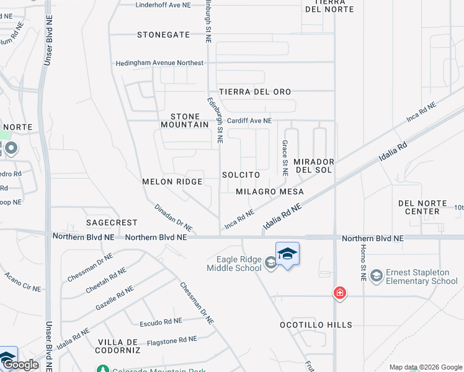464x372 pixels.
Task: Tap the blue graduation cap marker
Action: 287,254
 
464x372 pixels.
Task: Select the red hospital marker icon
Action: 339,293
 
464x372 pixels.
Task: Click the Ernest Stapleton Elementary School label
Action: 421,277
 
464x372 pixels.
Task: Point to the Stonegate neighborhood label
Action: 163,35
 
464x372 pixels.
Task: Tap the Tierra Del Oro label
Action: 254,92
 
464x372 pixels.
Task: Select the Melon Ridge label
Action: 172,182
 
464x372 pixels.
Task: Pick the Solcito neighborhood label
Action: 241,175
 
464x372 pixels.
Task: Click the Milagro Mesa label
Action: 270,192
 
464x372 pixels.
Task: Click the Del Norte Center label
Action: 419,207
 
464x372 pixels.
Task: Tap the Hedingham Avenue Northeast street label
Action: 159,63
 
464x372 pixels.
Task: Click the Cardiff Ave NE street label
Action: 249,121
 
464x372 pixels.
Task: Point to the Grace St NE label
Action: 285,158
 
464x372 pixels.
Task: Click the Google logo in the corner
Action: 20,365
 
